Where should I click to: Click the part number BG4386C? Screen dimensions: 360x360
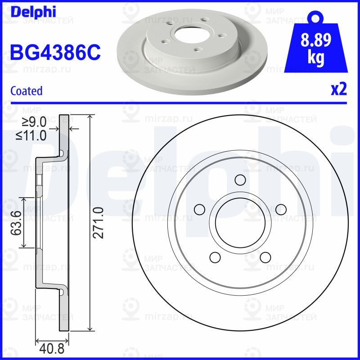tap(55, 53)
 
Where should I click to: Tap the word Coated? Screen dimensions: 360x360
tap(27, 91)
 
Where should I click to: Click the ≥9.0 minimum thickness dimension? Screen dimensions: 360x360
tap(35, 121)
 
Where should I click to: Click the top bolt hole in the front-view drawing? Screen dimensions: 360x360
tap(240, 180)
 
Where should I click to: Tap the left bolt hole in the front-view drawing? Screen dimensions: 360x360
tap(198, 209)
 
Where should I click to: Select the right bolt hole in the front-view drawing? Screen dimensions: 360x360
tap(281, 209)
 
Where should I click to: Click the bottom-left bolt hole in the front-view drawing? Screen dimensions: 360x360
tap(215, 257)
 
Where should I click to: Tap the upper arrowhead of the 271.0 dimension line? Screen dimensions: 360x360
tap(91, 117)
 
